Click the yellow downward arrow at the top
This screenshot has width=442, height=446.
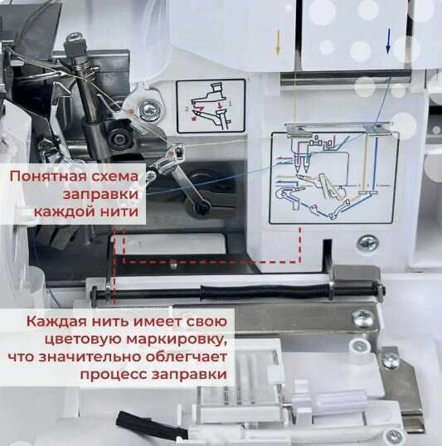coord(278,42)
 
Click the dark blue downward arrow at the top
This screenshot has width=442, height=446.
coord(388,41)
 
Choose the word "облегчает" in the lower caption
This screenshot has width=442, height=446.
coord(186,356)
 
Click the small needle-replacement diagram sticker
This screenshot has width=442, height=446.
coord(211,106)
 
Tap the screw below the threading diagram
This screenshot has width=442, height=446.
coord(367,243)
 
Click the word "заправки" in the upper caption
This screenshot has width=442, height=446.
coord(100,195)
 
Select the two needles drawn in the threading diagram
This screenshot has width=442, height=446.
coord(302,163)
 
